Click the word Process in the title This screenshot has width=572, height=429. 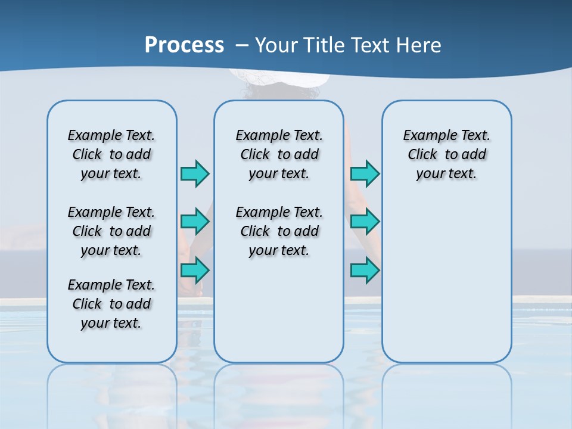[184, 45]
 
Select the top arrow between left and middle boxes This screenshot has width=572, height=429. [195, 173]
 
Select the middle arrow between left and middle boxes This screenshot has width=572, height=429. [195, 222]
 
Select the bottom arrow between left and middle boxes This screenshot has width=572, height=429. [195, 271]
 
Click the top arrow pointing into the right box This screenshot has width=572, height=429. [365, 173]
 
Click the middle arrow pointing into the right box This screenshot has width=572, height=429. [365, 222]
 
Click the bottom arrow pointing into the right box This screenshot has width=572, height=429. [365, 271]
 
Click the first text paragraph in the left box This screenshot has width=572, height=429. [111, 154]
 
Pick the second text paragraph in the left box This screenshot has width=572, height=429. [111, 231]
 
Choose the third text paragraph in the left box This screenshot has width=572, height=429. [111, 304]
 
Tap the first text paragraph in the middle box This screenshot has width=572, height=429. [279, 154]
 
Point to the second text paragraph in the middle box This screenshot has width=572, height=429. [279, 231]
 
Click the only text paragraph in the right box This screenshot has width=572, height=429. [446, 154]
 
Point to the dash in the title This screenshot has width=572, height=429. [242, 45]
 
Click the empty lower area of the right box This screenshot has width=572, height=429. [446, 280]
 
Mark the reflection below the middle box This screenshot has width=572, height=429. [279, 393]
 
